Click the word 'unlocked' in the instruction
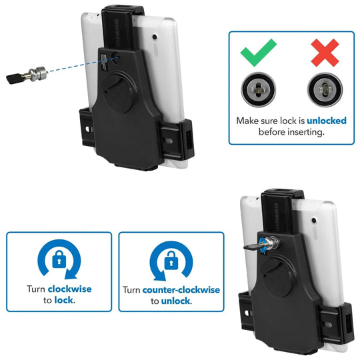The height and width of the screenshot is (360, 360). pyautogui.click(x=307, y=121)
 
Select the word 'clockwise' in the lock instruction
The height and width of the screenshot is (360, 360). pyautogui.click(x=69, y=289)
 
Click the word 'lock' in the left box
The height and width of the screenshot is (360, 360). pyautogui.click(x=65, y=301)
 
